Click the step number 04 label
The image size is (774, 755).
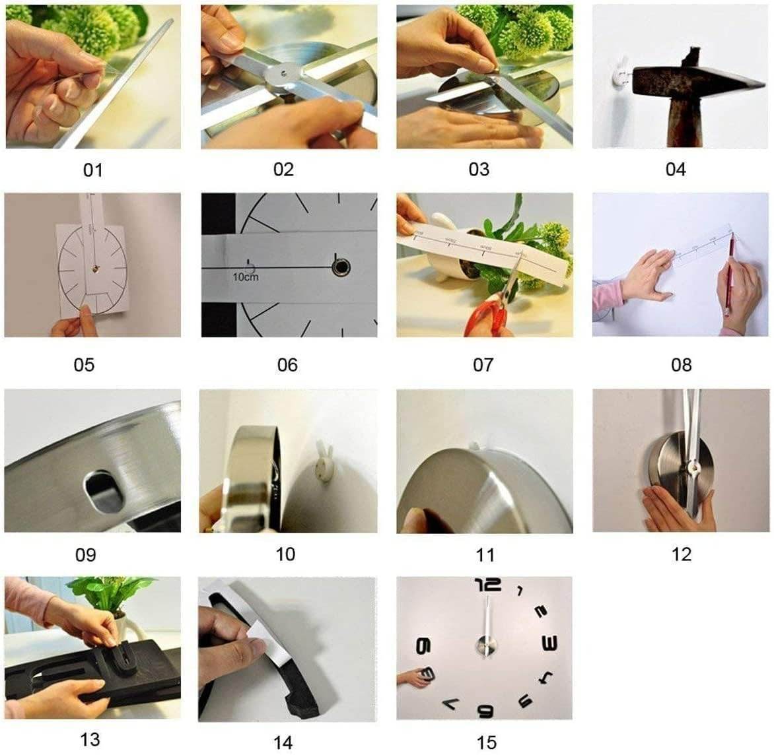[675, 170]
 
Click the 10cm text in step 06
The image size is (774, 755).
[245, 277]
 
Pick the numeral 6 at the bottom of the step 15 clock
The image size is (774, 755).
[485, 710]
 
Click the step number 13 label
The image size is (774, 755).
[90, 740]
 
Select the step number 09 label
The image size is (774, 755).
[85, 554]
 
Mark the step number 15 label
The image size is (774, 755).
[486, 742]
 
